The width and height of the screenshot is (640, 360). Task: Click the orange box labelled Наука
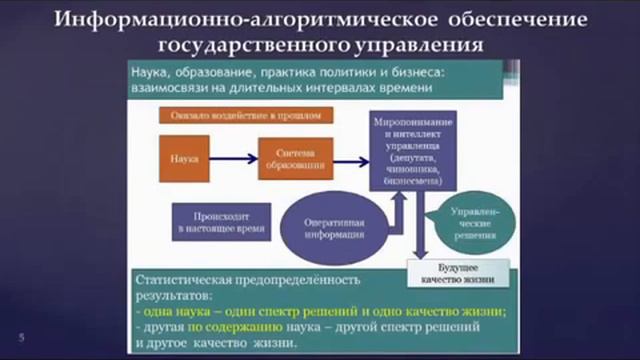[x=185, y=158]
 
